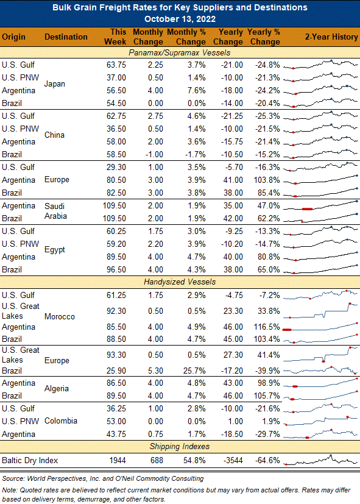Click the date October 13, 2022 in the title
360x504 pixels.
coord(180,19)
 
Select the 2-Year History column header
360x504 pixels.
coord(331,37)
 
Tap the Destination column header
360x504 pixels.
coord(66,37)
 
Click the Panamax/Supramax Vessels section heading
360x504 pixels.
coord(180,52)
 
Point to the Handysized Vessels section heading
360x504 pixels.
coord(180,282)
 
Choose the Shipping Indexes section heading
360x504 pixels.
coord(180,447)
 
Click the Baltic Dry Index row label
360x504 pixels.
coord(30,461)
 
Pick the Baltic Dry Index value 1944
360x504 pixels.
coord(118,461)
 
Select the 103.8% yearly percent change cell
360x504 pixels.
coord(267,180)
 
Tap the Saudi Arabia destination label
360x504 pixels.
coord(55,211)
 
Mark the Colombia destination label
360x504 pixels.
coord(61,421)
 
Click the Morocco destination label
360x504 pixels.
coord(60,317)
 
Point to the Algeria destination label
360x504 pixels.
coord(57,389)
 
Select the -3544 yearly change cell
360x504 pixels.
coord(232,461)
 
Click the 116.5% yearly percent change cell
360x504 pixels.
coord(267,327)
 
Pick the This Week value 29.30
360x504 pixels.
coord(116,167)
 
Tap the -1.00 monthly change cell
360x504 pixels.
coord(154,154)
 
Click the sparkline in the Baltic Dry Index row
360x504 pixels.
coord(320,460)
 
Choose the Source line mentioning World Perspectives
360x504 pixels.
coord(103,478)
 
